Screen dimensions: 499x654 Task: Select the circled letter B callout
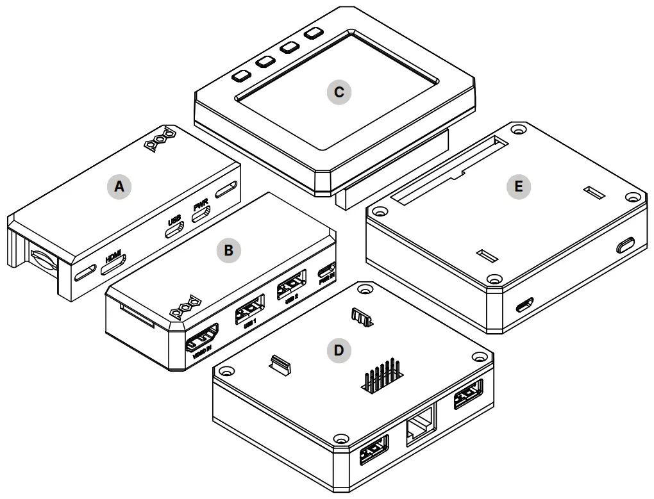pyautogui.click(x=228, y=250)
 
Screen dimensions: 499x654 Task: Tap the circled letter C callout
pyautogui.click(x=339, y=92)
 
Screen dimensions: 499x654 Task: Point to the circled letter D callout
pyautogui.click(x=339, y=350)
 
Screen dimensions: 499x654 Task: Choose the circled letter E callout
pyautogui.click(x=518, y=186)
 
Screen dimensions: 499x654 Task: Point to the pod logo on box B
pyautogui.click(x=186, y=307)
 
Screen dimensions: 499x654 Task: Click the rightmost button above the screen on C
pyautogui.click(x=314, y=33)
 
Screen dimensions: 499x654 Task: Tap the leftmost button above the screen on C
pyautogui.click(x=240, y=76)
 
